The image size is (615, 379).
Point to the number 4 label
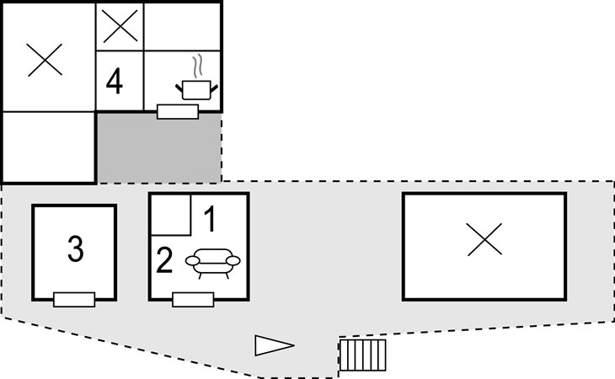pyautogui.click(x=114, y=83)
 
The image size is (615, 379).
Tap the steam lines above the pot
pyautogui.click(x=198, y=66)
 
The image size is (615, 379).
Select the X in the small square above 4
pyautogui.click(x=120, y=27)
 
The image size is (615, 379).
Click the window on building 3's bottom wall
pyautogui.click(x=73, y=299)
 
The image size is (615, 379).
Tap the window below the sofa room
pyautogui.click(x=193, y=299)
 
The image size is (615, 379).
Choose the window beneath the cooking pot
pyautogui.click(x=178, y=111)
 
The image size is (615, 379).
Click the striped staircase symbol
pyautogui.click(x=363, y=355)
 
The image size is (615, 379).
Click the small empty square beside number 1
pyautogui.click(x=170, y=214)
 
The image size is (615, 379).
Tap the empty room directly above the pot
pyautogui.click(x=183, y=27)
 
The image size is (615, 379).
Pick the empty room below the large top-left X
pyautogui.click(x=48, y=147)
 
